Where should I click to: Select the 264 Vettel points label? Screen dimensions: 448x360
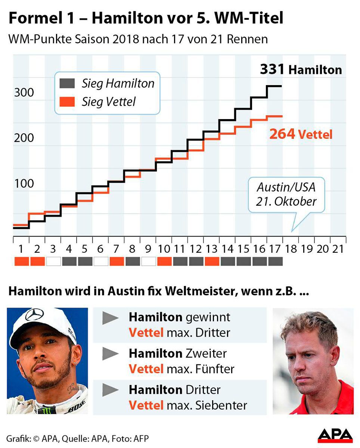coord(301,134)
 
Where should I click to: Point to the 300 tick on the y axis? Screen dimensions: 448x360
coord(24,92)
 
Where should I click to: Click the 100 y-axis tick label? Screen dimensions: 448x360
coord(24,184)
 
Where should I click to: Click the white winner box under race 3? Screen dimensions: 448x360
coord(53,261)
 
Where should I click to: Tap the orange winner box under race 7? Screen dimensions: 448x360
coord(116,261)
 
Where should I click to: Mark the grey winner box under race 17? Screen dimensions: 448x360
coord(275,261)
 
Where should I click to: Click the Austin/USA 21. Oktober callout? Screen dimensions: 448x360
coord(286,195)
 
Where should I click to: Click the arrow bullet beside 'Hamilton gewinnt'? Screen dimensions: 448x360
coord(111,318)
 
